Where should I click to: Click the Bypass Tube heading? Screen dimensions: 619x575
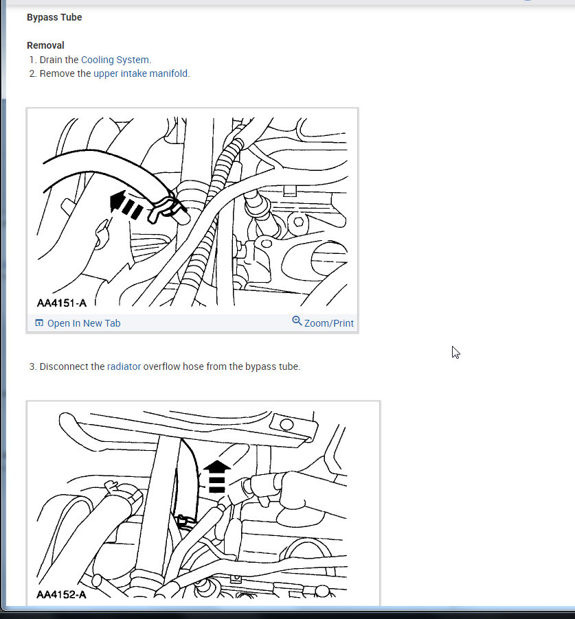click(54, 17)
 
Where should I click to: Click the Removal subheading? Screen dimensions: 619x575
click(45, 45)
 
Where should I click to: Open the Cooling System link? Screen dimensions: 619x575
click(115, 60)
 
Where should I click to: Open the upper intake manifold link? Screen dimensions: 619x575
click(141, 73)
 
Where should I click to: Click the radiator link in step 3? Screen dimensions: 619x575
click(124, 366)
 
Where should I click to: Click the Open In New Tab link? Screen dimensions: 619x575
click(83, 323)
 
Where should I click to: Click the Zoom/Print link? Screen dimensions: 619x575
click(328, 323)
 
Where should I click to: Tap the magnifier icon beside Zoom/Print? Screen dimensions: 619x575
click(297, 321)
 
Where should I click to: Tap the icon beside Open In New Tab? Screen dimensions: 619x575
click(39, 323)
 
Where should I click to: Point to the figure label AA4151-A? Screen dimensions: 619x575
click(61, 303)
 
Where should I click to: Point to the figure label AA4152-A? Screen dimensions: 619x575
click(61, 594)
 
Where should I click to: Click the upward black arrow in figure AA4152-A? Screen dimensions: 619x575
click(217, 476)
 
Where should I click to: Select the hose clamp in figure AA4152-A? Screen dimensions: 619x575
click(184, 522)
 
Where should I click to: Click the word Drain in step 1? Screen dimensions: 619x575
click(52, 60)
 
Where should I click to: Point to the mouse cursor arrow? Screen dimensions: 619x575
click(455, 351)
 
